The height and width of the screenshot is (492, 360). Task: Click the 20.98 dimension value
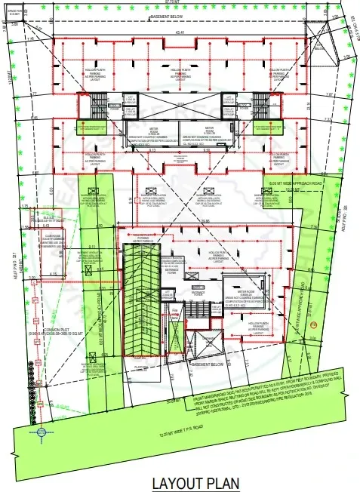[x=205, y=220]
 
